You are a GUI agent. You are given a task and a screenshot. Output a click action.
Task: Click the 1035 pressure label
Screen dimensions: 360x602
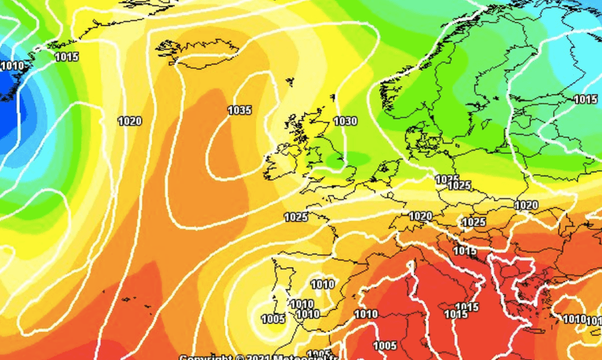(239, 111)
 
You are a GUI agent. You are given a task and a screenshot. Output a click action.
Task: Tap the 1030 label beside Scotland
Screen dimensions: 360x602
(345, 122)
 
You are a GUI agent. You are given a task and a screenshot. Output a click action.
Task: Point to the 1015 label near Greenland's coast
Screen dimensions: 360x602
(67, 56)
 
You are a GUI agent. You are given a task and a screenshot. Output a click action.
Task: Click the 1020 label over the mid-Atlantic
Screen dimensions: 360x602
(129, 121)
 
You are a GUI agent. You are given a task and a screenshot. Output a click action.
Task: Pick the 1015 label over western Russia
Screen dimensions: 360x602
(586, 99)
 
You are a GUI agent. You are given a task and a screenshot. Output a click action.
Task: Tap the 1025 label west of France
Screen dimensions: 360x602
(296, 217)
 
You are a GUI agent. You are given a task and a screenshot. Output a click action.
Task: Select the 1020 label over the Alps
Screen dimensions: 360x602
(420, 216)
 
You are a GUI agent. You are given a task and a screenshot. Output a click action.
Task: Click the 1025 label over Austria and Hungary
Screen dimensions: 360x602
(473, 223)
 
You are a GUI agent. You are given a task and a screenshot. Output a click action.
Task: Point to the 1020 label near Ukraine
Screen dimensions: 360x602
(526, 205)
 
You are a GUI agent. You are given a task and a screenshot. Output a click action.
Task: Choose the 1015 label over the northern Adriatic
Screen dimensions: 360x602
(465, 251)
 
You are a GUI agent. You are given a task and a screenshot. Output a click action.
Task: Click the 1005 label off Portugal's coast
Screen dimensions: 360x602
(273, 318)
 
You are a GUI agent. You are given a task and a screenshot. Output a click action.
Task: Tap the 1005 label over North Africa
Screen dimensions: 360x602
(384, 346)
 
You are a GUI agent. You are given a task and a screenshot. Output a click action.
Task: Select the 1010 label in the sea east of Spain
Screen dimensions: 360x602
(365, 315)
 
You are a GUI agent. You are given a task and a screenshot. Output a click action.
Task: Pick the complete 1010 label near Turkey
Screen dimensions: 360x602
(575, 319)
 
